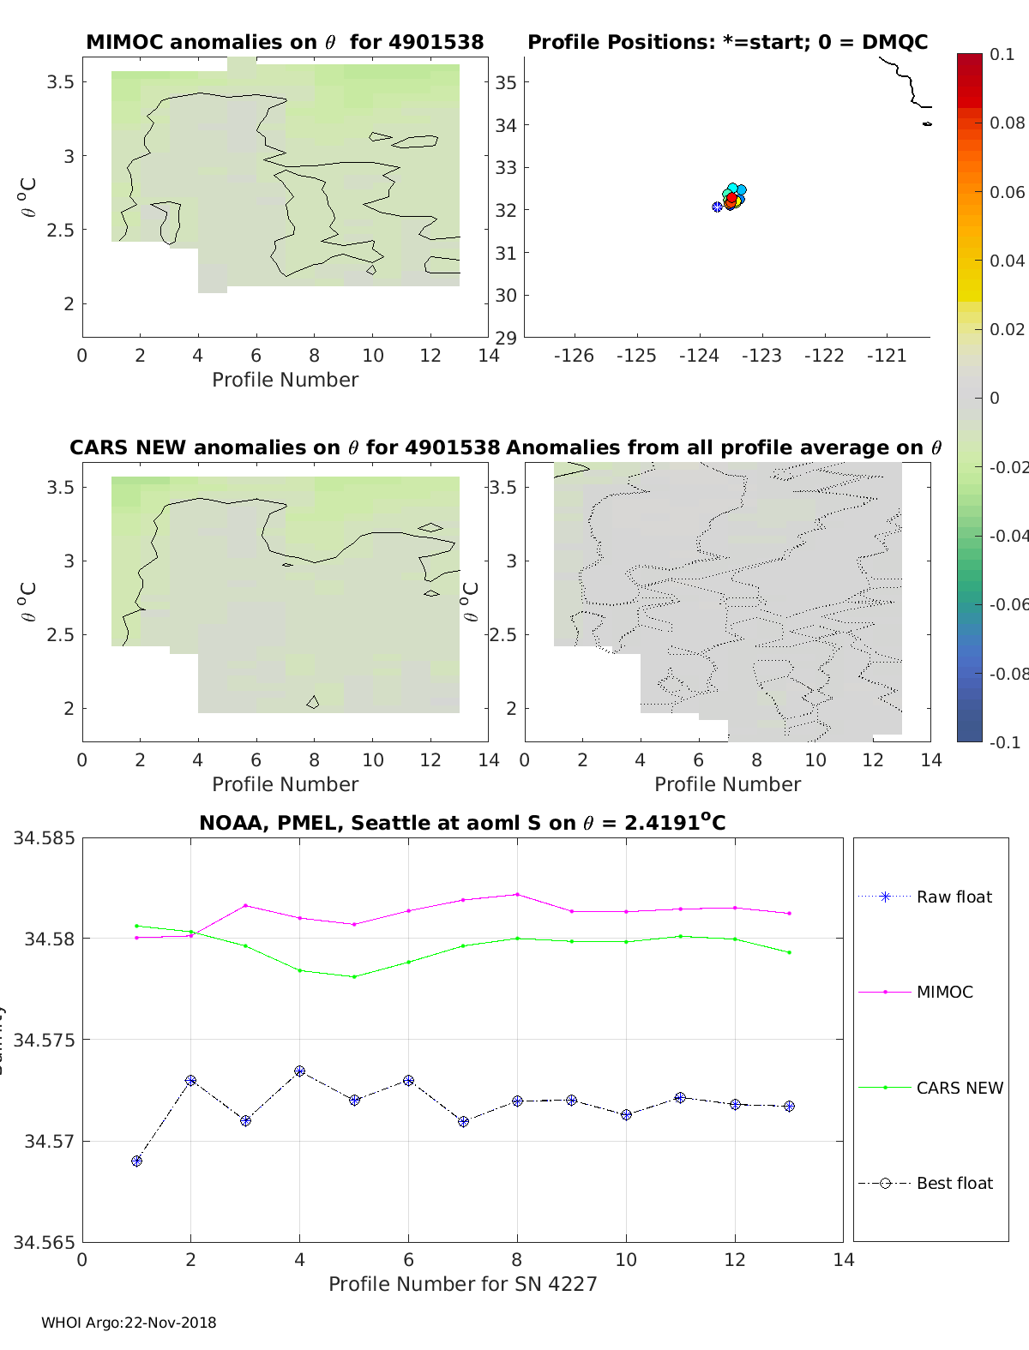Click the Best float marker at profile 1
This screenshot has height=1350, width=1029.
[x=136, y=1161]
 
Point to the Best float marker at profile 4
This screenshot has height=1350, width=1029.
[x=300, y=1071]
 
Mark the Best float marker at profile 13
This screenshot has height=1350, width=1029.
[x=789, y=1107]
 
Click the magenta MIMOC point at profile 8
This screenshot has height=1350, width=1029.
[x=517, y=894]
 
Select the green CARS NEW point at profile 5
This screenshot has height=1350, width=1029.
[x=354, y=976]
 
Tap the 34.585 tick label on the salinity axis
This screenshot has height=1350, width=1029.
[x=44, y=837]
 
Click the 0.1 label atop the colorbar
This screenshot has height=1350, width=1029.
[x=1002, y=54]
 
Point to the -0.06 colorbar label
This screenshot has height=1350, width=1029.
[x=1008, y=604]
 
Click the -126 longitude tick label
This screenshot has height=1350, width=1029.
[x=574, y=356]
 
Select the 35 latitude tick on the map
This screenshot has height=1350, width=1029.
[x=506, y=82]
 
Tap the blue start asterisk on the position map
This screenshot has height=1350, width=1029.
[x=717, y=207]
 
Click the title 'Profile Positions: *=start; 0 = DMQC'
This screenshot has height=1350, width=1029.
[x=727, y=42]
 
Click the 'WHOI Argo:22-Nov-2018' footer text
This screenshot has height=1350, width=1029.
[x=129, y=1323]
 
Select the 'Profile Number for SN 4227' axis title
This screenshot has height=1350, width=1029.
[x=462, y=1284]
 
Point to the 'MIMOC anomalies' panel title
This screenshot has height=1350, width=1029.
[x=285, y=42]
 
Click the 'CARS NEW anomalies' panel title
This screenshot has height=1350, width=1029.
[x=285, y=447]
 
